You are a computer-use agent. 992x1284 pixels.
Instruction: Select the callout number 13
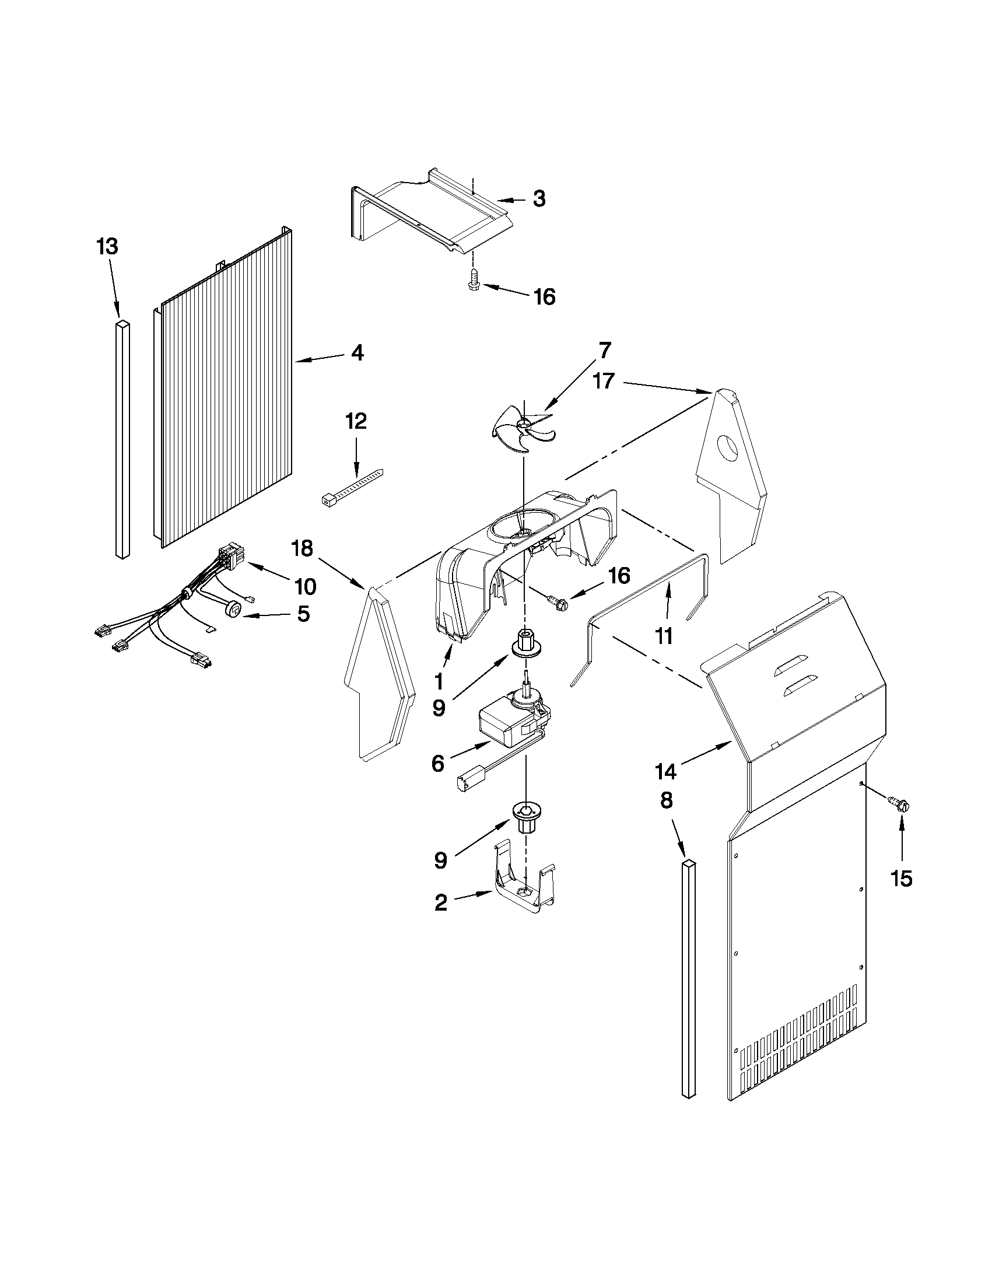(x=107, y=247)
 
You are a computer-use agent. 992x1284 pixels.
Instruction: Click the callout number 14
(x=665, y=770)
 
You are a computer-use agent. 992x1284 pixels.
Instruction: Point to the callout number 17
(x=604, y=381)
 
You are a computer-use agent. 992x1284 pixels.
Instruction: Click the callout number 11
(x=664, y=636)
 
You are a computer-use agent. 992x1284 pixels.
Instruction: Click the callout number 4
(x=357, y=353)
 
